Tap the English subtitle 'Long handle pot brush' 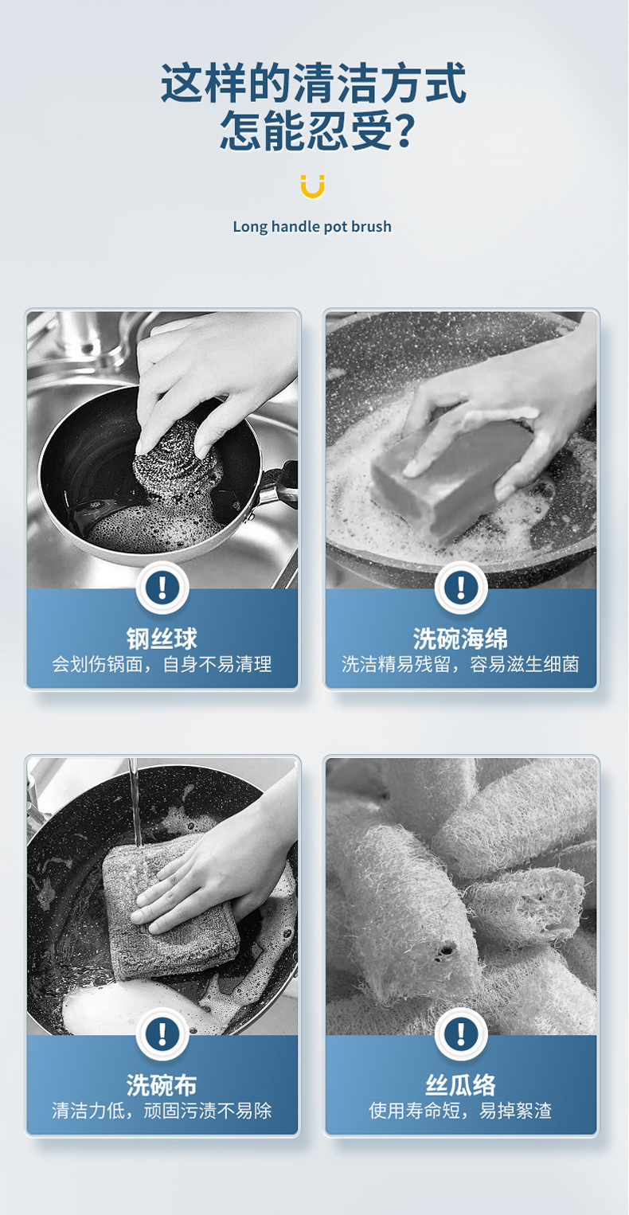point(312,226)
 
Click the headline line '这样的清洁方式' point(314,83)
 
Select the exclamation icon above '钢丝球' point(162,588)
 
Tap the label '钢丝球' point(162,639)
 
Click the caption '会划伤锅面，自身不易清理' point(162,664)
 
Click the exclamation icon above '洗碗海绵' point(461,588)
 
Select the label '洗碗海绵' point(461,639)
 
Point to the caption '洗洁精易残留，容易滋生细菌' point(461,664)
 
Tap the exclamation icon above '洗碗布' point(162,1033)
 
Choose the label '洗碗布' point(162,1084)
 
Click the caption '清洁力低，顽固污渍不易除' point(162,1111)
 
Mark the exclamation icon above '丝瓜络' point(461,1033)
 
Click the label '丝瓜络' point(461,1084)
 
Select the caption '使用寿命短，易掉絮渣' point(461,1111)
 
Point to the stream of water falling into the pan point(134,802)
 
